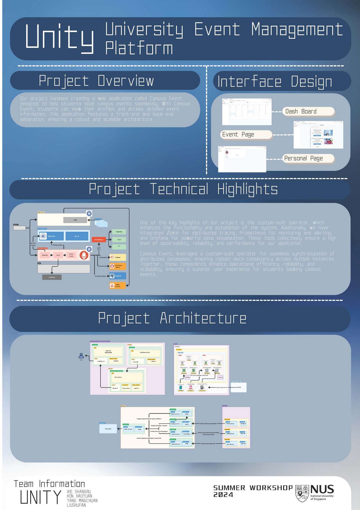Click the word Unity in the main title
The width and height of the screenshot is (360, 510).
tap(59, 37)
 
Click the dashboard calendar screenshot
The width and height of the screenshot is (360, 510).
tap(247, 112)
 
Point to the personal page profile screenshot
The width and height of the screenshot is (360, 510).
tap(242, 159)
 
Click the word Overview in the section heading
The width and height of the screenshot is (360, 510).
tap(126, 81)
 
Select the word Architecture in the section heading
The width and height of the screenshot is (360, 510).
tap(203, 318)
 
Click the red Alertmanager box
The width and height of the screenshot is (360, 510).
tap(99, 240)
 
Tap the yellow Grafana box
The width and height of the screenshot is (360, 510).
tap(118, 257)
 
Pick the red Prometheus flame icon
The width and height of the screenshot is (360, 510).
tap(84, 255)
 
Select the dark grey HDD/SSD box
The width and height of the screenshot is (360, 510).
tap(52, 277)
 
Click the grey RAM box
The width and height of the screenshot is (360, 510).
tap(75, 220)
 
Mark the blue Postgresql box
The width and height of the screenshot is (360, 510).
tap(118, 276)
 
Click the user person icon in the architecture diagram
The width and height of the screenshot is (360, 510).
tap(81, 355)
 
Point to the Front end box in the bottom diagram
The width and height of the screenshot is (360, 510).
tap(108, 429)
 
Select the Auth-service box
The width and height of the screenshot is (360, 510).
tap(128, 429)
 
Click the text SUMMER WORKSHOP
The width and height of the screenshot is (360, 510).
tap(253, 488)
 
